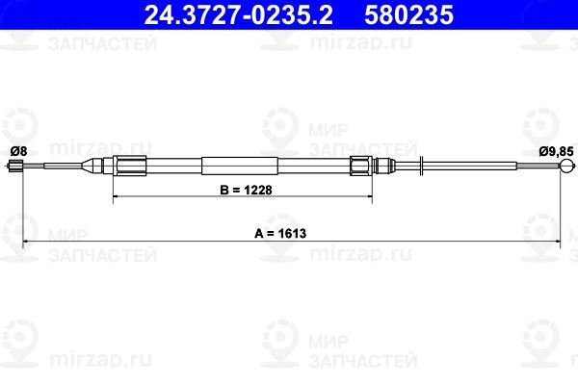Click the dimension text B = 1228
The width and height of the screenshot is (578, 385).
coord(244,191)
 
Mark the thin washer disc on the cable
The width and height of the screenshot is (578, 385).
coord(423,165)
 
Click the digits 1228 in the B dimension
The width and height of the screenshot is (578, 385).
coord(255,191)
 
